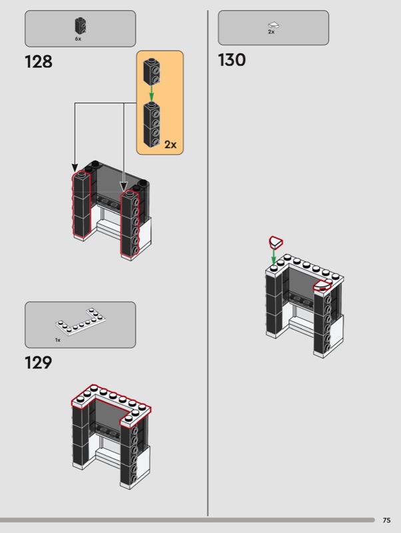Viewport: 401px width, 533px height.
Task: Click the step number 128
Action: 39,62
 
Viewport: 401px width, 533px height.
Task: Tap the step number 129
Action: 39,362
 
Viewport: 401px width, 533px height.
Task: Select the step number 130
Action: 231,60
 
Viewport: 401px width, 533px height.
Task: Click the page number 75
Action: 386,520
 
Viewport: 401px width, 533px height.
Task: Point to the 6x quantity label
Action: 78,39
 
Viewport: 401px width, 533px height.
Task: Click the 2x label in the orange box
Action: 171,145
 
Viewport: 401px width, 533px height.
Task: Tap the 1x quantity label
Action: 58,340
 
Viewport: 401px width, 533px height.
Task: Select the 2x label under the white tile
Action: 271,31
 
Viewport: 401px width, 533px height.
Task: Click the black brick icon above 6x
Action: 80,25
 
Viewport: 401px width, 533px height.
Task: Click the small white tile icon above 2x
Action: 274,25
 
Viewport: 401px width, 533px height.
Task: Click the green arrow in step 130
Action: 274,257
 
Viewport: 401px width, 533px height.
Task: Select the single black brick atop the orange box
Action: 152,71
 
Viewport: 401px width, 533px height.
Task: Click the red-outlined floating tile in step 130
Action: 276,242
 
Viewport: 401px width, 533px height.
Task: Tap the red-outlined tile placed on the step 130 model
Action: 322,286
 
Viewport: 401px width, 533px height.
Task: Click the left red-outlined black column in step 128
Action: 81,203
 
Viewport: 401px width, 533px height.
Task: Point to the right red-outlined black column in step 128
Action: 130,223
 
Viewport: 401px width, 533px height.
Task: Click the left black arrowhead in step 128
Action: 75,168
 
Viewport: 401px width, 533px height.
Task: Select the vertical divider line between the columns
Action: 208,263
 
